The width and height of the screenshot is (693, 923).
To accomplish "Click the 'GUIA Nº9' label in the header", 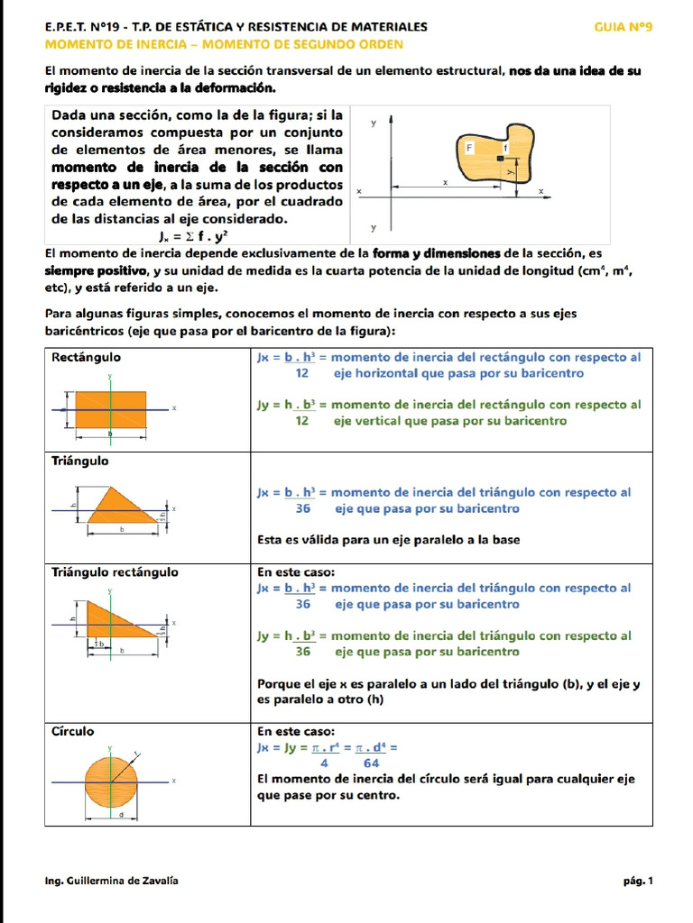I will (623, 27).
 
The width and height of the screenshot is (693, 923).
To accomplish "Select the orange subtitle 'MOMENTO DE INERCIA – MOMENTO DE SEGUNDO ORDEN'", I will (224, 44).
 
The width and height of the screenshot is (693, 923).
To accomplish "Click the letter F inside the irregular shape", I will (469, 146).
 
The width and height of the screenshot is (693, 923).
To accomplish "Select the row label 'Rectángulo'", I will (87, 357).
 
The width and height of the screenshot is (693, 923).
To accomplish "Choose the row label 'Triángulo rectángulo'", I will (115, 571).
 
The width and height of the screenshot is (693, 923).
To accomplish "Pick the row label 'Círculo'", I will (73, 731).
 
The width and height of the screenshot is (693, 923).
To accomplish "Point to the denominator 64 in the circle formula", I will (371, 763).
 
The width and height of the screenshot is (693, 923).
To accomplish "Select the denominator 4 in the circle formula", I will (323, 763).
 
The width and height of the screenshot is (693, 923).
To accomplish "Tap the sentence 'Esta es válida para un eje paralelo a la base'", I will (388, 540).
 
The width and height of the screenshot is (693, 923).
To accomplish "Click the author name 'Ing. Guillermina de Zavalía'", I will (111, 881).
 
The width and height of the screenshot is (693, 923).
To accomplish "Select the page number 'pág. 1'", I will (636, 881).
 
